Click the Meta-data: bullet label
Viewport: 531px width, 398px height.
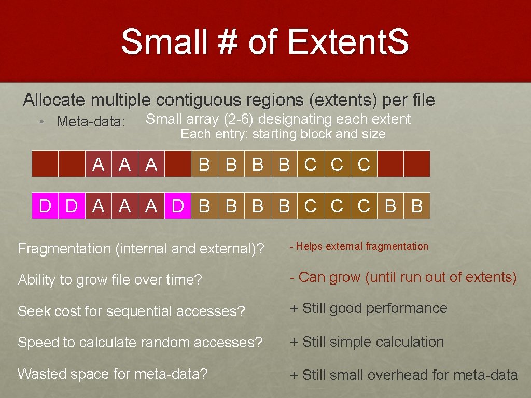91,122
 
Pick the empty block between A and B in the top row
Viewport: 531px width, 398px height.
177,164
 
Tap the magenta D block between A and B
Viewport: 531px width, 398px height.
177,206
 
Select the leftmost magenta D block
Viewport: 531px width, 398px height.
45,206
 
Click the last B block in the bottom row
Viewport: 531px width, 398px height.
417,206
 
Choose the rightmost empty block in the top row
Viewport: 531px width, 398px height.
417,164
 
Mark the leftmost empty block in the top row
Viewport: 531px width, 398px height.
45,164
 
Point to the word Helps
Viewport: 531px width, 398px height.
309,247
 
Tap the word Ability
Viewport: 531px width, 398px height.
37,280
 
